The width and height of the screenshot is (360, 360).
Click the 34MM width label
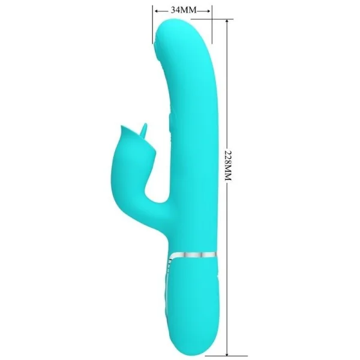pos(183,10)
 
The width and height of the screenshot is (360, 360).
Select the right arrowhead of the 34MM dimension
pos(209,10)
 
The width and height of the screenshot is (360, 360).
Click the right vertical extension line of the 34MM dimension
pos(212,18)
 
